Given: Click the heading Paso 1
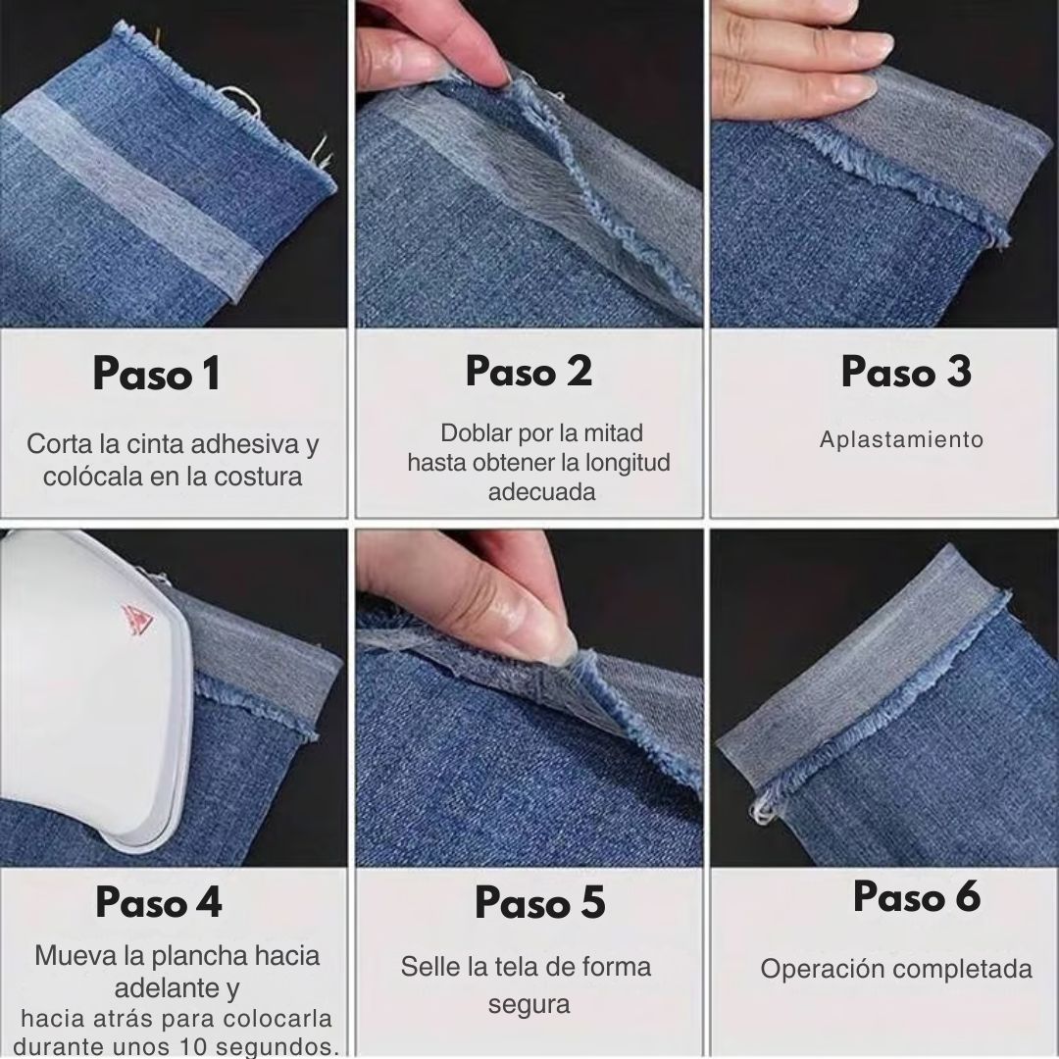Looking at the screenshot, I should point(157,375).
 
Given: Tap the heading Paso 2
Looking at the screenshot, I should point(529,372).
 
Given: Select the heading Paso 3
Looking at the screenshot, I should point(905,372).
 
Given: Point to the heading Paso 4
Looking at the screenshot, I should point(159,902).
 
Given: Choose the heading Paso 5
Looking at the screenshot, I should point(539,903).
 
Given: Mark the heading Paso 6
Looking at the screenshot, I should point(916,897).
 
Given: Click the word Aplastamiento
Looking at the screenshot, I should point(901,439).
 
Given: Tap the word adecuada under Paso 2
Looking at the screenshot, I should point(541,492).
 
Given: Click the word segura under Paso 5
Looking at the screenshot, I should point(529,1005).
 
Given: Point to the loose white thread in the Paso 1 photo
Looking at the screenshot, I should point(232,95).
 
